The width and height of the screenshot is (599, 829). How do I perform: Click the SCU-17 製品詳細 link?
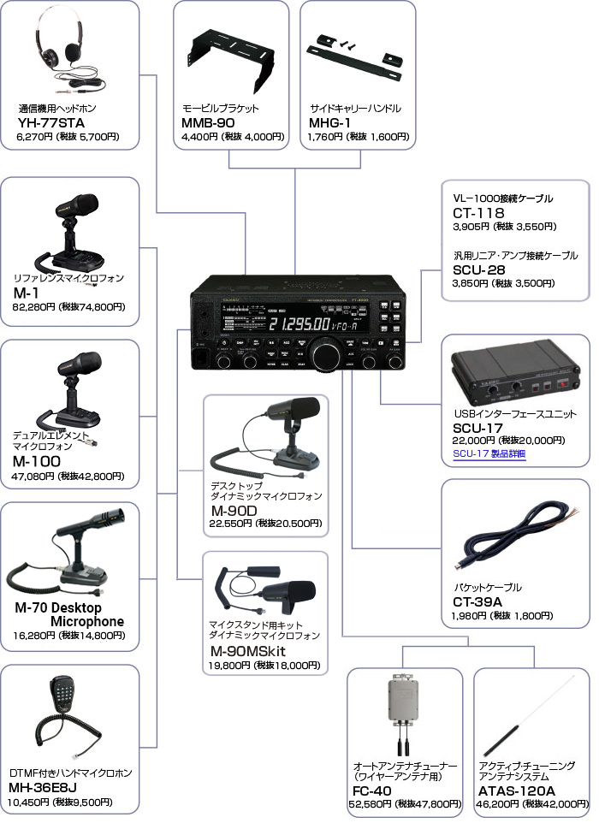click(489, 453)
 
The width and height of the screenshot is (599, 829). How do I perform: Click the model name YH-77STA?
click(50, 123)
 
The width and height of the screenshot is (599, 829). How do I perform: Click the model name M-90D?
click(234, 511)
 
